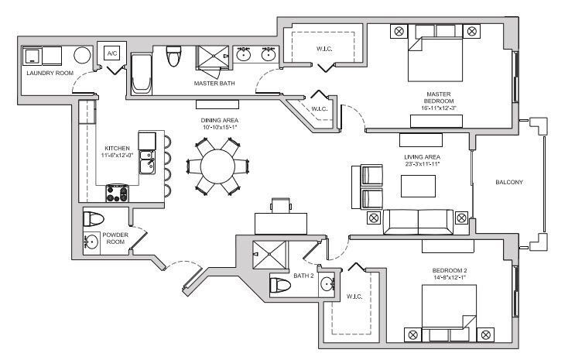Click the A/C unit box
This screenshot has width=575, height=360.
(x=112, y=53)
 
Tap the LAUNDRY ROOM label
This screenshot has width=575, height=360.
(x=50, y=73)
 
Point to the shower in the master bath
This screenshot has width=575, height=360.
(x=212, y=60)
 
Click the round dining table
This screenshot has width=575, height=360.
(x=220, y=166)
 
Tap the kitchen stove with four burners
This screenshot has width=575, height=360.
(x=117, y=193)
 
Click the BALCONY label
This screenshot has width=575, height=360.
(x=509, y=183)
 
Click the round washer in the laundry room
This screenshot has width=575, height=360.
(x=83, y=56)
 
